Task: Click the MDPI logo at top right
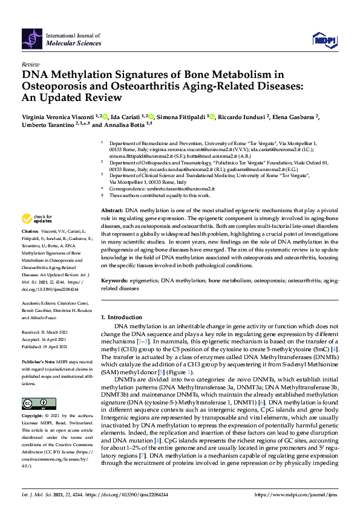(322, 40)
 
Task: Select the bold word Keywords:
(115, 280)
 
